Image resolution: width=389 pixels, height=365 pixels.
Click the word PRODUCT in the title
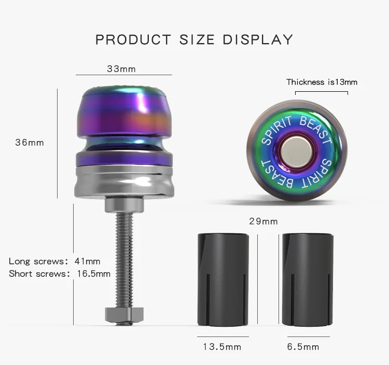click(x=133, y=40)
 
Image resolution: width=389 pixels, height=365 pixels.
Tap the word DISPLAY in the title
click(x=258, y=40)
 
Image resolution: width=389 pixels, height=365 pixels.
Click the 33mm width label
click(x=121, y=69)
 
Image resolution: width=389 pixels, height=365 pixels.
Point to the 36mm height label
click(x=30, y=143)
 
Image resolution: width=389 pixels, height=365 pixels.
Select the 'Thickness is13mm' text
click(x=322, y=82)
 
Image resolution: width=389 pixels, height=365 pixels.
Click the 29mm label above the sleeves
click(x=263, y=221)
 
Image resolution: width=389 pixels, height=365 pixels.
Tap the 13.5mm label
click(x=222, y=347)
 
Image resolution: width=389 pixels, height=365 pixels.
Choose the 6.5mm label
click(x=303, y=347)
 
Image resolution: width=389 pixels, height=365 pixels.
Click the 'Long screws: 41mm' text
click(x=54, y=261)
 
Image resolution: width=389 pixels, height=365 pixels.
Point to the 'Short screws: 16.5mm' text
click(x=60, y=274)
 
